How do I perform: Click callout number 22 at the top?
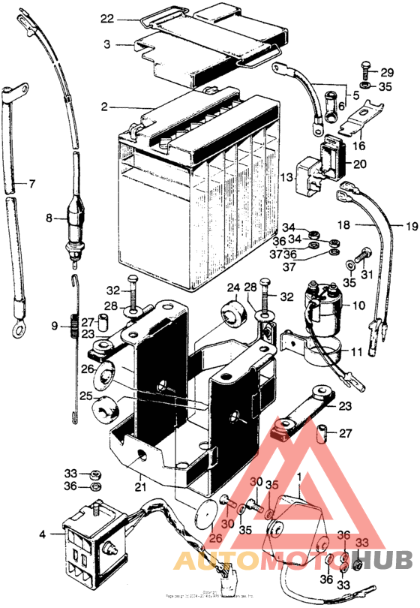pos(106,18)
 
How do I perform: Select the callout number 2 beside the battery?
pos(106,107)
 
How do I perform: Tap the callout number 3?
pos(108,45)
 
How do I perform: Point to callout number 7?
pos(31,183)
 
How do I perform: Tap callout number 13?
pos(286,176)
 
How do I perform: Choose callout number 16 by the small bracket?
pos(358,147)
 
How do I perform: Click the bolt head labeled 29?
pos(365,71)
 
